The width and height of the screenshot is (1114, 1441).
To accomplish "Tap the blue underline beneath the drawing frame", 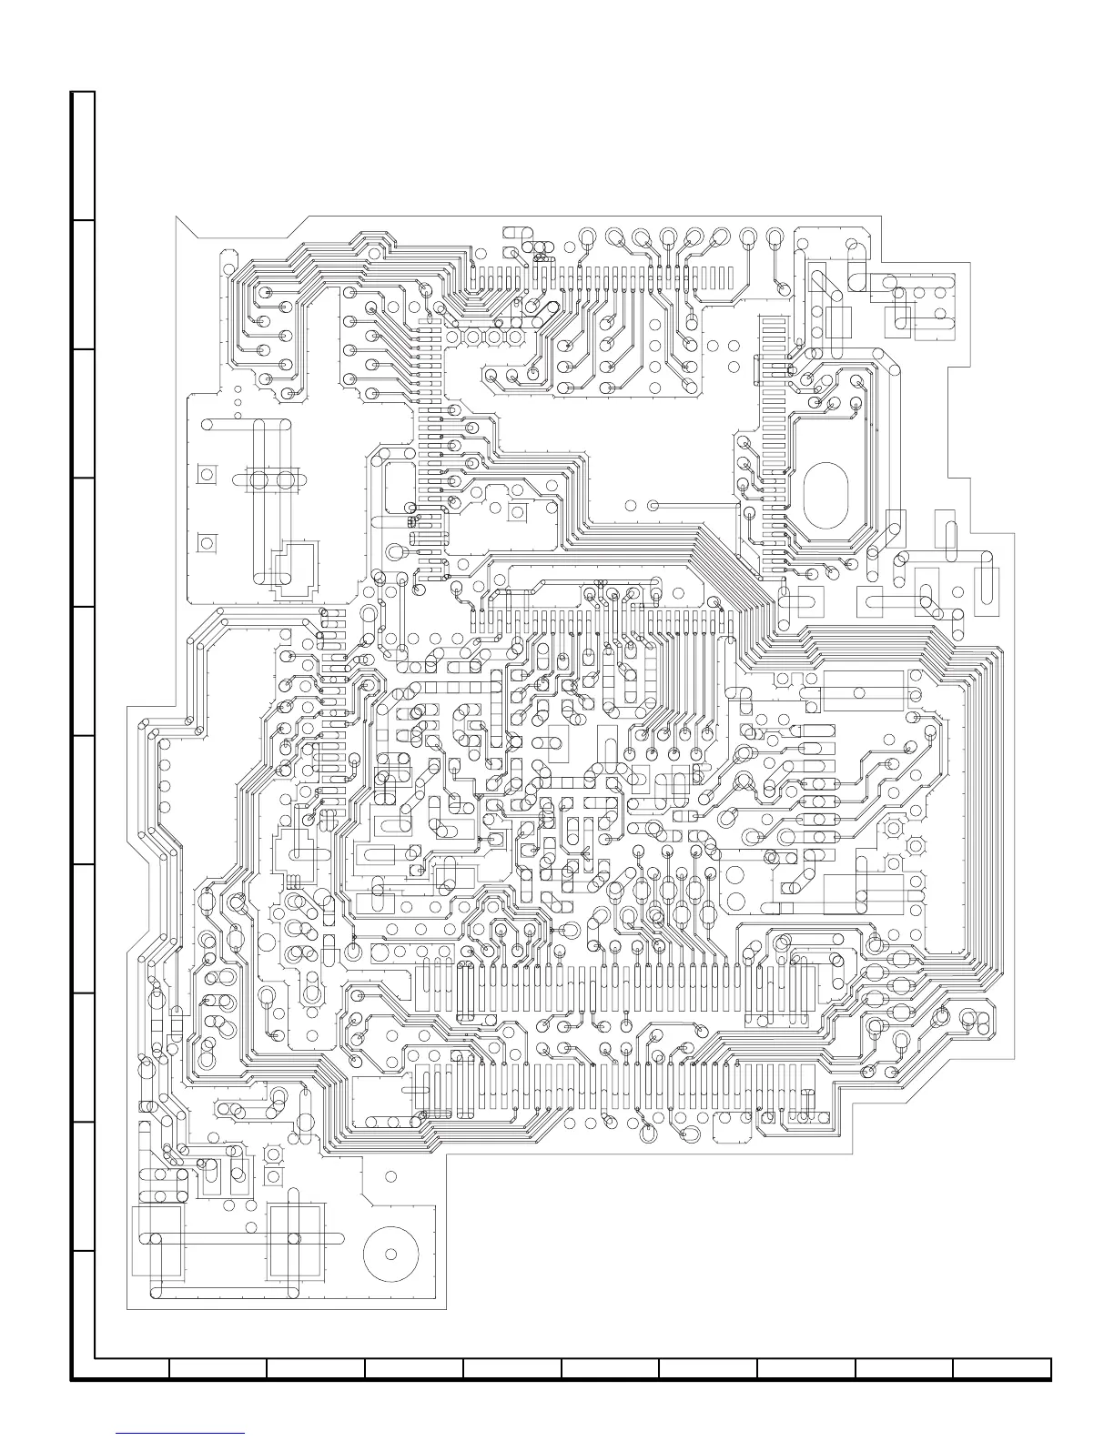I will click(x=181, y=1433).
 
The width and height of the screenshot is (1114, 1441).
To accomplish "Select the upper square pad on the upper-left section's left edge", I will click(x=208, y=474).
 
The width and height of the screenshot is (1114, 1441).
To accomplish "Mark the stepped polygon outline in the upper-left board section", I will click(x=296, y=569).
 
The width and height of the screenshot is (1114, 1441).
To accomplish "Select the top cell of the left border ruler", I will click(x=83, y=156).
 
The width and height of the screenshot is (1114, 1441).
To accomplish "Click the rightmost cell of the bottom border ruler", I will click(x=1002, y=1369).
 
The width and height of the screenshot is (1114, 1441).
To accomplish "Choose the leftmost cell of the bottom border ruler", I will click(x=132, y=1369).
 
